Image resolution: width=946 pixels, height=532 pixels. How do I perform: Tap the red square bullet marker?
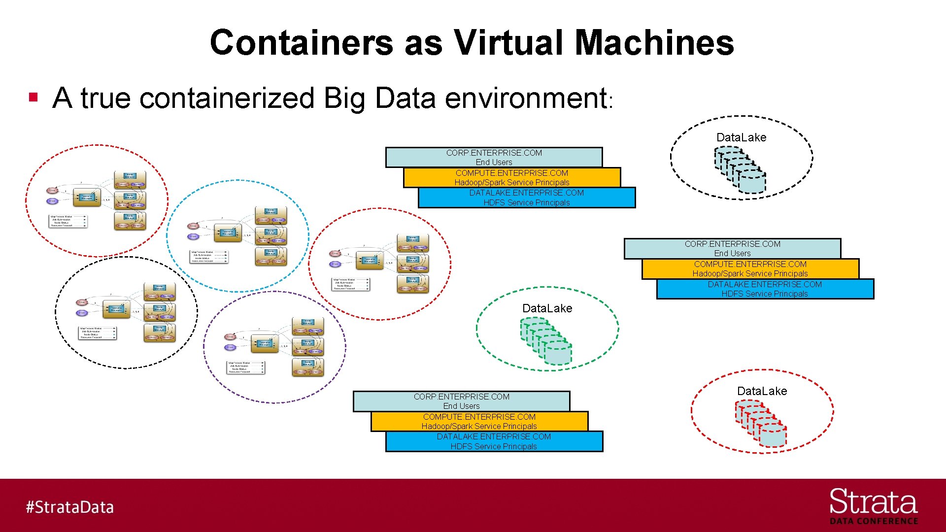[34, 97]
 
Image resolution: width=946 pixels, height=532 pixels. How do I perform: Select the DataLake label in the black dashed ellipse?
[741, 137]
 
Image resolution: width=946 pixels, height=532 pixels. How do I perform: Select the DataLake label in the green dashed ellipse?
[547, 308]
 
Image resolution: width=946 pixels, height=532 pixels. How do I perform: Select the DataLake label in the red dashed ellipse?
[762, 391]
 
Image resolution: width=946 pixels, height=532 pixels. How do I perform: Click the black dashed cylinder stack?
[740, 170]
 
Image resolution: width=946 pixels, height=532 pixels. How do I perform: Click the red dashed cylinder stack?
[760, 423]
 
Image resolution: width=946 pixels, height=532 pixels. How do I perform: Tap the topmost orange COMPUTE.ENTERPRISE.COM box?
[511, 177]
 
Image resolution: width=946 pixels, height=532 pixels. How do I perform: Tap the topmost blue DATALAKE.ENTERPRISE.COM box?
[526, 198]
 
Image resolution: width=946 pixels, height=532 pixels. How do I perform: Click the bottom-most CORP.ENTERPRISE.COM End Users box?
[461, 401]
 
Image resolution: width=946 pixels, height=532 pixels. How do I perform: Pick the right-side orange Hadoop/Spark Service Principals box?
[750, 268]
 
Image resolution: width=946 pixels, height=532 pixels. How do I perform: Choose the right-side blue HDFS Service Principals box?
[765, 289]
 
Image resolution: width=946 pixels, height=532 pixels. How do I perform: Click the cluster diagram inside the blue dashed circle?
[238, 236]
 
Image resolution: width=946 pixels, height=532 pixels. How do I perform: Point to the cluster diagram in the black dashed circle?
[126, 312]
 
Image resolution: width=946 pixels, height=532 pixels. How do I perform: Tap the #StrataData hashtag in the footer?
[69, 507]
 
